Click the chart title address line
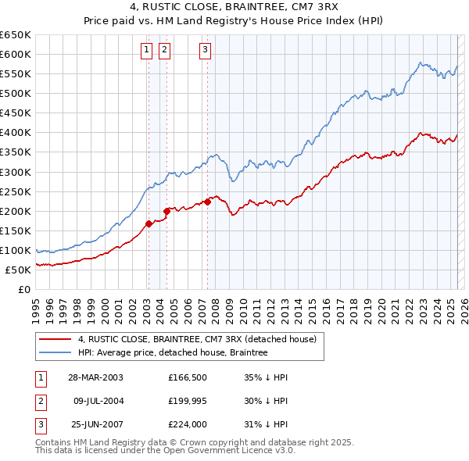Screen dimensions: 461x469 (x=234, y=8)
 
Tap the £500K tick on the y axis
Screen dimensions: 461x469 (x=15, y=93)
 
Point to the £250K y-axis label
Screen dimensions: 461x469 (x=15, y=191)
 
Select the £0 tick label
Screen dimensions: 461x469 (x=24, y=289)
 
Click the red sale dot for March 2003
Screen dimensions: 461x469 (x=149, y=224)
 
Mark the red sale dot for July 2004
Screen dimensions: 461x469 (x=166, y=211)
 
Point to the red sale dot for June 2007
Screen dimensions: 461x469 (x=207, y=202)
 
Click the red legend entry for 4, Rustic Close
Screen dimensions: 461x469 (x=195, y=339)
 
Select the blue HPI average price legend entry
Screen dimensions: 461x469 (x=172, y=352)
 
